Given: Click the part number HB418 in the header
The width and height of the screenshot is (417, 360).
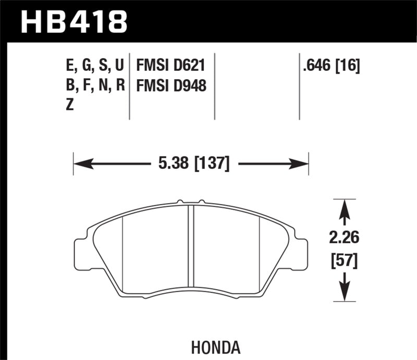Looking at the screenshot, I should pos(73,21).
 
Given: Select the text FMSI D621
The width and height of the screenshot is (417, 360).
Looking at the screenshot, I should pos(169,66).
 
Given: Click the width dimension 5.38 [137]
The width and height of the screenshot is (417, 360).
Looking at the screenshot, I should pos(193,164).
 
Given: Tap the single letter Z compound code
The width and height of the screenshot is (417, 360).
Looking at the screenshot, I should pos(70,104).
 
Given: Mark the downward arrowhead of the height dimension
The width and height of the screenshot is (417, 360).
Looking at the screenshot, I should pos(344,294).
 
